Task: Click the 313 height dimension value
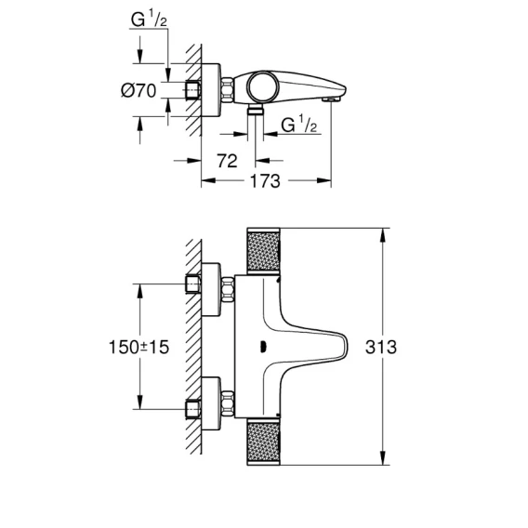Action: coord(381,347)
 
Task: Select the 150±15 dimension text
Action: coord(139,347)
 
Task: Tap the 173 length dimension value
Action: coord(265,181)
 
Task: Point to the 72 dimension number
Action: coord(227,161)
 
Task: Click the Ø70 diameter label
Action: coord(139,90)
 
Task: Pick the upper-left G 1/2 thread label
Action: coord(149,19)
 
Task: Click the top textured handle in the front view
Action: coord(263,251)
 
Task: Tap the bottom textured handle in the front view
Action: coord(263,442)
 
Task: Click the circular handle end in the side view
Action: coord(264,87)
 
